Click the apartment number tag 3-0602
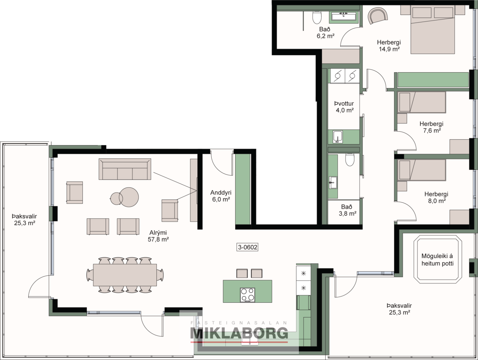(247, 247)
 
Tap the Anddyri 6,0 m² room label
(221, 196)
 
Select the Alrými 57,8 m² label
(158, 236)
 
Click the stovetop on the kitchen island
(247, 295)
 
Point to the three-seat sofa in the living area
(125, 169)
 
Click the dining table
(125, 275)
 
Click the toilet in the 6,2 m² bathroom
(317, 17)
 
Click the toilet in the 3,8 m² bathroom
(350, 159)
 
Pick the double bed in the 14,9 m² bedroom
(432, 29)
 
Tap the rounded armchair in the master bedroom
(378, 15)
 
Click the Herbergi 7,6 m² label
(431, 127)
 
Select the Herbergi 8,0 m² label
(436, 197)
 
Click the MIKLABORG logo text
(239, 333)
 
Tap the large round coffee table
(129, 197)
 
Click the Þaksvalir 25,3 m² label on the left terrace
(24, 220)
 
